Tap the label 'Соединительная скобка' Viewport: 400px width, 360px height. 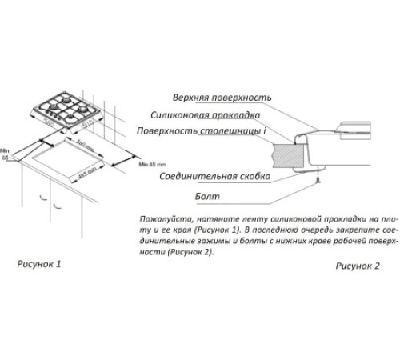coord(214,175)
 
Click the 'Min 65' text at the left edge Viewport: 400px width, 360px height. coord(5,154)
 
